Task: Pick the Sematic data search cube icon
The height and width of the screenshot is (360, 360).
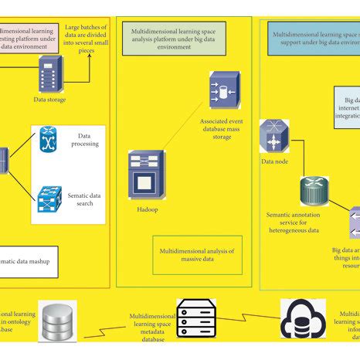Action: click(x=50, y=199)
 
